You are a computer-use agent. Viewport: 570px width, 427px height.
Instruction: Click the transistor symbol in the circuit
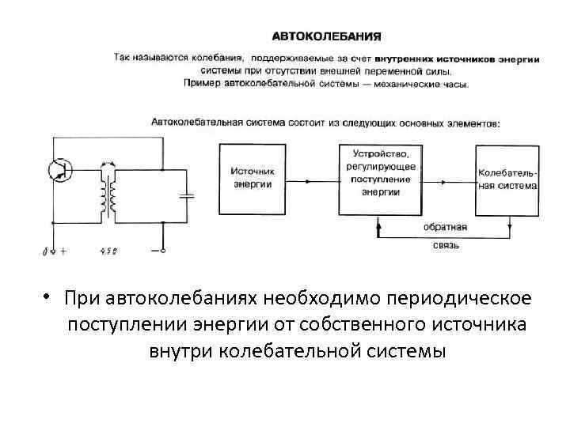[59, 169]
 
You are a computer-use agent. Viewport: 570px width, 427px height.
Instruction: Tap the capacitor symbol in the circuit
[188, 196]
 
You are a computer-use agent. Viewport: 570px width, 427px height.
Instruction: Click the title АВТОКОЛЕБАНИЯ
[327, 36]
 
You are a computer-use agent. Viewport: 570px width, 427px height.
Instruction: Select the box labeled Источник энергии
[253, 178]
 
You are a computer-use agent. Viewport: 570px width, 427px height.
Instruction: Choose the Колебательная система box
[507, 178]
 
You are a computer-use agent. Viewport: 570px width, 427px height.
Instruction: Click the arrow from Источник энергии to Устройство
[312, 179]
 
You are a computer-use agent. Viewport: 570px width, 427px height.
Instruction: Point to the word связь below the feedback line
[445, 245]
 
